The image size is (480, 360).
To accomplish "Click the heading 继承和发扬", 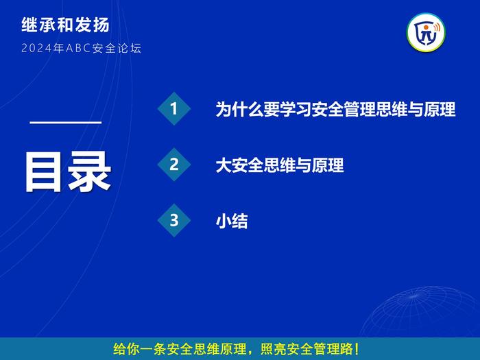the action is click(x=65, y=25).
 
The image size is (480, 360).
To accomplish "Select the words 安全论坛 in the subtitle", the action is click(x=117, y=49).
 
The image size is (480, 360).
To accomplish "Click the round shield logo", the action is click(x=426, y=32).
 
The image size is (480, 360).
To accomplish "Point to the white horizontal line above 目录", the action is click(x=66, y=123).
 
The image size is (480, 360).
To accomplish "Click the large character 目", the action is click(x=43, y=172).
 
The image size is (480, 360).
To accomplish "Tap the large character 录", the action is click(x=89, y=172).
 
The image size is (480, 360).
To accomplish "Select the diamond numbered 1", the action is click(x=174, y=108).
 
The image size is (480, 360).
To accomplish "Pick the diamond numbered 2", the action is click(x=174, y=165).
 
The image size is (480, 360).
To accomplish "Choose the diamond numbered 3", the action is click(x=174, y=220).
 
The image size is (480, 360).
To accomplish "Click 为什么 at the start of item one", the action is click(x=240, y=109).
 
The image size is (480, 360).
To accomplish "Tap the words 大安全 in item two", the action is click(x=240, y=165).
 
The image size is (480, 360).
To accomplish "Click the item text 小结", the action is click(x=232, y=221).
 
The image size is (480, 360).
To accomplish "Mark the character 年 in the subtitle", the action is click(x=59, y=49).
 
